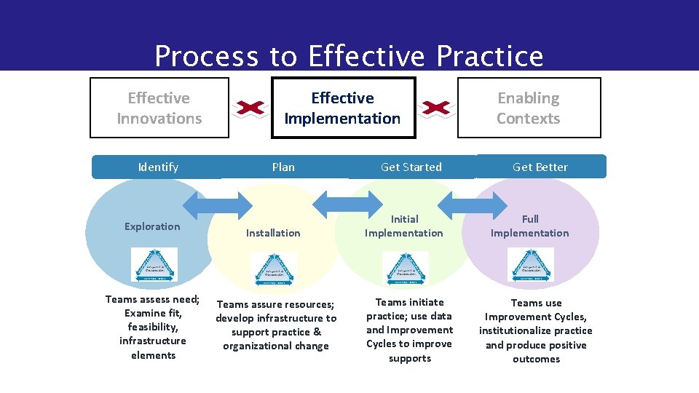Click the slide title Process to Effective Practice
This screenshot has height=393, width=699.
[349, 56]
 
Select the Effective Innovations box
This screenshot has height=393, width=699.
[159, 108]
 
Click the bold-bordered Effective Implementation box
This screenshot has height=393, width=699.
[342, 108]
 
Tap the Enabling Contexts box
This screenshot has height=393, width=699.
[529, 108]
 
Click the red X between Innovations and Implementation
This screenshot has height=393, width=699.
[250, 108]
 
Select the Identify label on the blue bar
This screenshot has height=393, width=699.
[158, 167]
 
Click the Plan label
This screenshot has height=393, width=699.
[283, 167]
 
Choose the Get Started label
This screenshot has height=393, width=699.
[411, 167]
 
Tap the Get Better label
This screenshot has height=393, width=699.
[540, 167]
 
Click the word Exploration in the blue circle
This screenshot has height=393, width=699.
[152, 226]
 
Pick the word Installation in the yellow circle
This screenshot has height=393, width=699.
[272, 233]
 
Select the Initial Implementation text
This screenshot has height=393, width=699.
[403, 226]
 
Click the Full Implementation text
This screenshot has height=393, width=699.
[529, 226]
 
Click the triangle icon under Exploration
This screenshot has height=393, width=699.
[154, 264]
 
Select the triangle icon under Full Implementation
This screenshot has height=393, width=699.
[530, 264]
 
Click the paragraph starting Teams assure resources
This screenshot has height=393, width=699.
[276, 325]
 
